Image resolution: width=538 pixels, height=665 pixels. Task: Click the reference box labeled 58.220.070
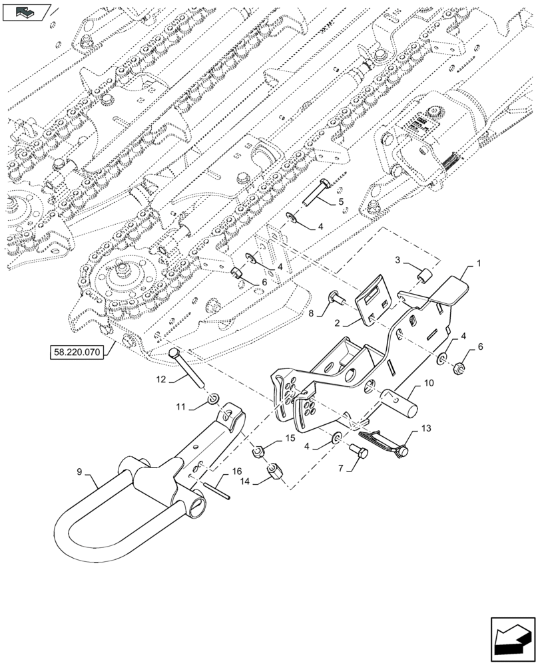pos(77,352)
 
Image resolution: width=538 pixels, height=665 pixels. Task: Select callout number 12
pos(160,378)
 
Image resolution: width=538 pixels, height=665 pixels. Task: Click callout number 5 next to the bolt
pos(340,201)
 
